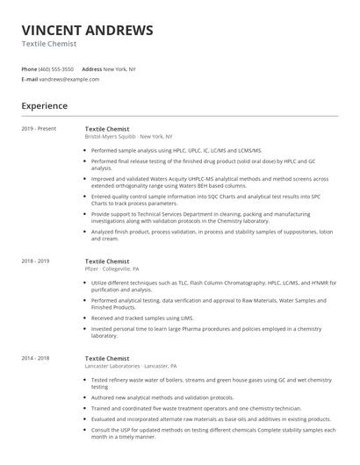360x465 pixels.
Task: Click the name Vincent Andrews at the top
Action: [87, 30]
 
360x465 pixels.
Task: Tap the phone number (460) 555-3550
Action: [56, 68]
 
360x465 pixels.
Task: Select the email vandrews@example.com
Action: [69, 79]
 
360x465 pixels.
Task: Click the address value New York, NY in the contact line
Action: [121, 68]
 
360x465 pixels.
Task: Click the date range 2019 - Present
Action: [39, 129]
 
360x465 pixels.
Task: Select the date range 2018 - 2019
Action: [36, 261]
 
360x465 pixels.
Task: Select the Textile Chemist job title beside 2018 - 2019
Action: [107, 261]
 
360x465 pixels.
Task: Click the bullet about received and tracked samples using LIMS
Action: [142, 318]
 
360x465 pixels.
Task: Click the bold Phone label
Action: [29, 68]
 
